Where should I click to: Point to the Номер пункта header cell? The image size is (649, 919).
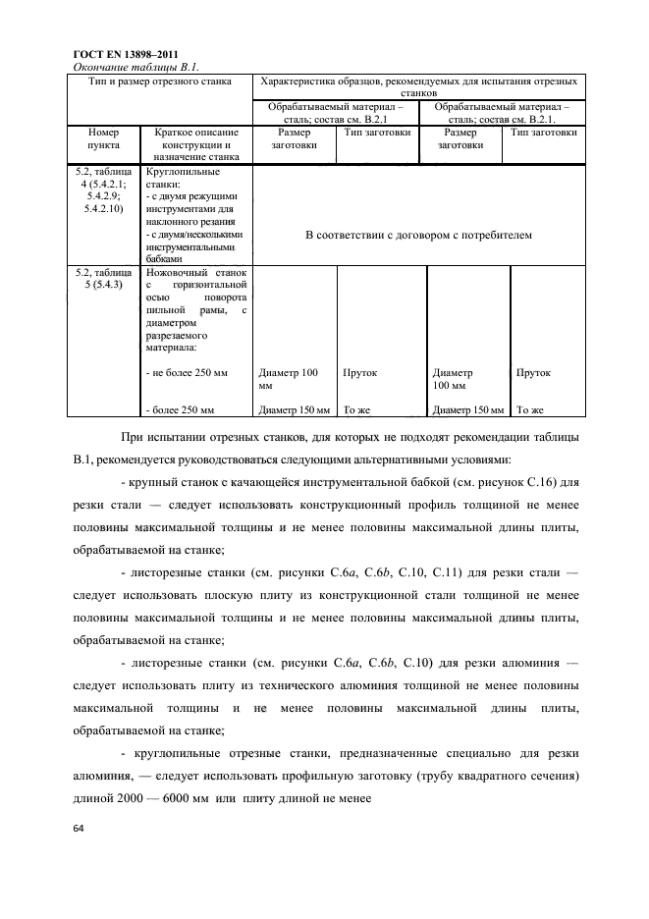point(103,137)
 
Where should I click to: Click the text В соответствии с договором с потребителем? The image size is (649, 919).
point(417,236)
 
